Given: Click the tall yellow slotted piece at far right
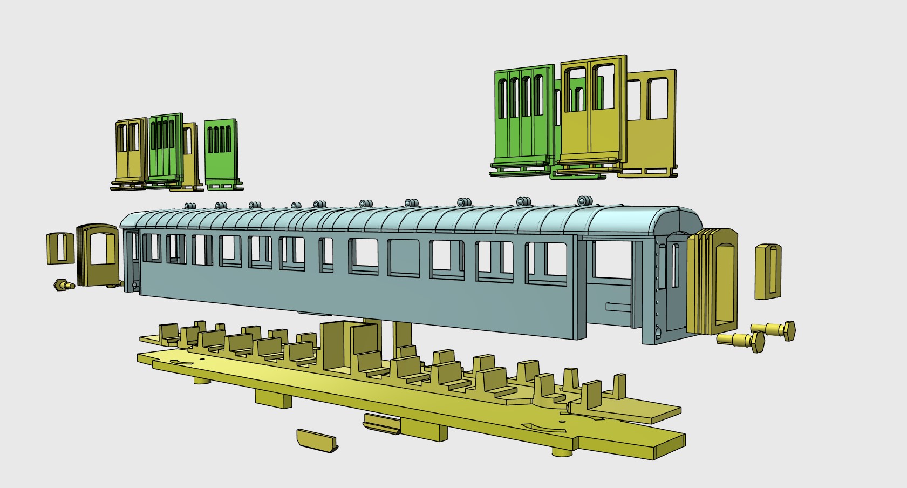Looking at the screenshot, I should pos(768,272).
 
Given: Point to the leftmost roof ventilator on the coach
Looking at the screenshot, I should pos(189,206).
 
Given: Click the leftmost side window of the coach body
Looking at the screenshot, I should pos(151,248).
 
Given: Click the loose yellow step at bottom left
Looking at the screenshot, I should pos(317,440).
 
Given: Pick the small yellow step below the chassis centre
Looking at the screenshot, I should pos(382,423).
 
